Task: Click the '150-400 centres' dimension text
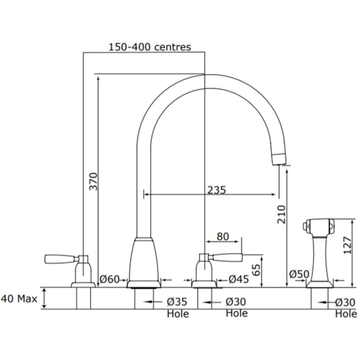[x=149, y=47]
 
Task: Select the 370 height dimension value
[x=94, y=181]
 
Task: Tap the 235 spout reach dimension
[x=216, y=190]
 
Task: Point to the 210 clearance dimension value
[x=281, y=215]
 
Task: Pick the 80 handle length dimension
[x=223, y=236]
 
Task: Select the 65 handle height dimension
[x=257, y=270]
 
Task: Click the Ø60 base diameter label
[x=110, y=280]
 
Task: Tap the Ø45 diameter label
[x=239, y=279]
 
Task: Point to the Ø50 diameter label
[x=299, y=274]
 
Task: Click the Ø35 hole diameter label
[x=177, y=302]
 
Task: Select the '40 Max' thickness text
[x=19, y=299]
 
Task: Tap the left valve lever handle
[x=60, y=259]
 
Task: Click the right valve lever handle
[x=227, y=257]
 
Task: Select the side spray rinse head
[x=319, y=226]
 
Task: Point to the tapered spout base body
[x=144, y=261]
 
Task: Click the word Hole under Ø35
[x=178, y=314]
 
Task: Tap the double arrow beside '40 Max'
[x=44, y=298]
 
